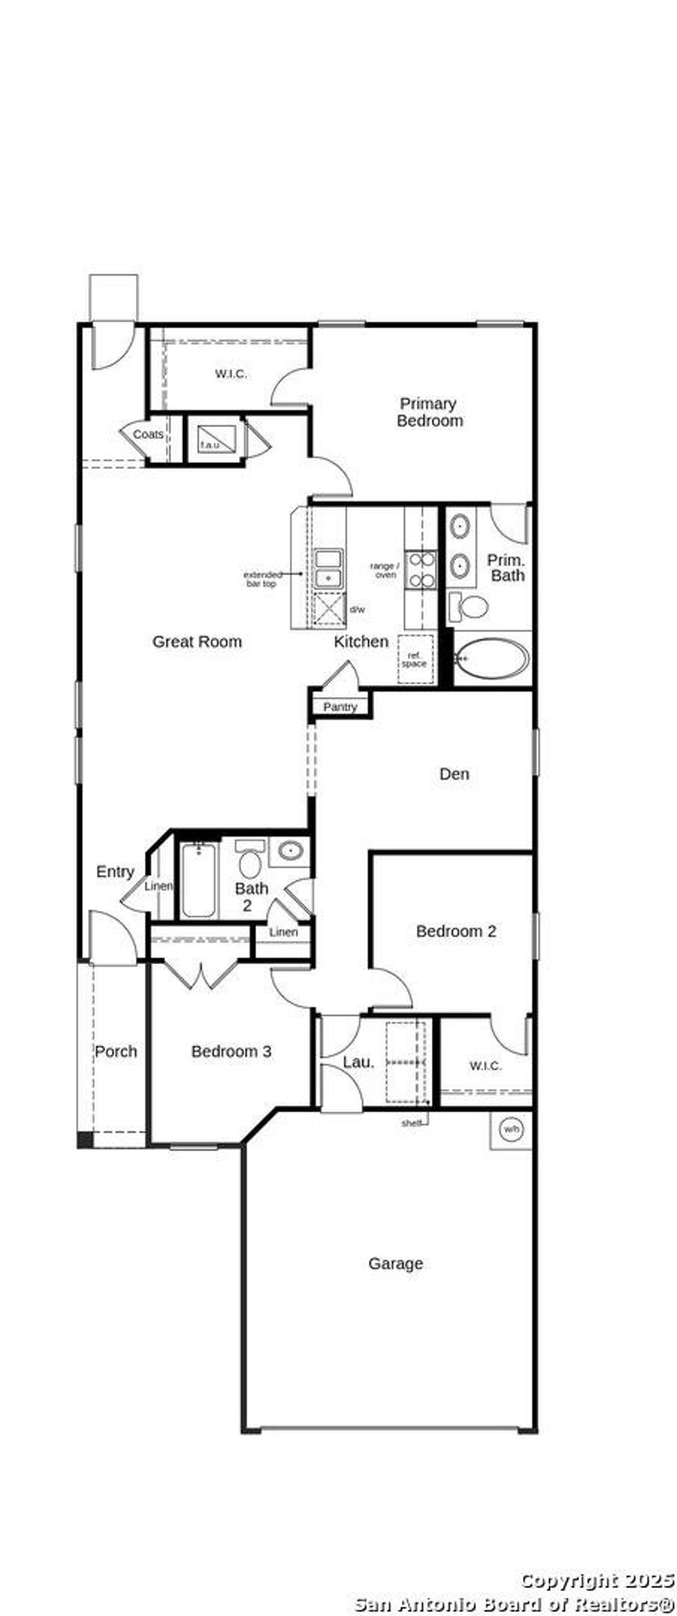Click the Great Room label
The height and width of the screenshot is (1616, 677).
pyautogui.click(x=197, y=642)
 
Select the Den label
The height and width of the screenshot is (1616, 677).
pyautogui.click(x=454, y=774)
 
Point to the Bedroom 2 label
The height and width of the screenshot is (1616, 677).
pyautogui.click(x=456, y=931)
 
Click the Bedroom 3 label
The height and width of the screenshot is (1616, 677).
pyautogui.click(x=231, y=1052)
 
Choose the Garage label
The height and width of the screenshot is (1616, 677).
pyautogui.click(x=395, y=1263)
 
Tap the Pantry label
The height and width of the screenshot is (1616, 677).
pyautogui.click(x=340, y=707)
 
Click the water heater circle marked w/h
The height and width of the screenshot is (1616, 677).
pyautogui.click(x=511, y=1130)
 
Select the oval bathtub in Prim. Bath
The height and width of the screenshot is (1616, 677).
pyautogui.click(x=491, y=659)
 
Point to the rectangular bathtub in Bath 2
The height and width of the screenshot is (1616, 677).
pyautogui.click(x=199, y=880)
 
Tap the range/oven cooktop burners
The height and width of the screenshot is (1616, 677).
pyautogui.click(x=420, y=570)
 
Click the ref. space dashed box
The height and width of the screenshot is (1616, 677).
pyautogui.click(x=414, y=659)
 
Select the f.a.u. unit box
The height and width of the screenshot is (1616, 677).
pyautogui.click(x=216, y=438)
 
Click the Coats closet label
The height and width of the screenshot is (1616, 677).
pyautogui.click(x=148, y=434)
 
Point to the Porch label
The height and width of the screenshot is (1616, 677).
pyautogui.click(x=116, y=1052)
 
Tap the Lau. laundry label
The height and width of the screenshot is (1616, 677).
pyautogui.click(x=358, y=1062)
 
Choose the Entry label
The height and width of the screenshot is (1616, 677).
pyautogui.click(x=115, y=872)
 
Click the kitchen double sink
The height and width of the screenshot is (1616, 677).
pyautogui.click(x=328, y=568)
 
